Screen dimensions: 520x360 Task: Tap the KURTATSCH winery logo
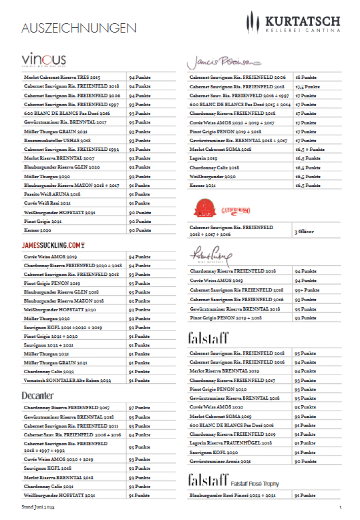coord(293,24)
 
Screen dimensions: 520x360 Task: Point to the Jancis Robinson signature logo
coord(223,61)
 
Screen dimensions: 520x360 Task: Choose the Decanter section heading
coord(38,395)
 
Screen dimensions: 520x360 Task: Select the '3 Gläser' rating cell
coord(304,232)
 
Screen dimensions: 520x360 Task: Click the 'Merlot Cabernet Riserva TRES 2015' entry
coord(62,78)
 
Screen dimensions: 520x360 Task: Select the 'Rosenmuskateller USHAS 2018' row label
coord(57,140)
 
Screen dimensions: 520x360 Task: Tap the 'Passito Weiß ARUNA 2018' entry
coord(52,194)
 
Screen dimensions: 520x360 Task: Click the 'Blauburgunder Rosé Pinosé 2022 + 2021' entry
coord(233,495)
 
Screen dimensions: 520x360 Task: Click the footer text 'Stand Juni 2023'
coord(38,507)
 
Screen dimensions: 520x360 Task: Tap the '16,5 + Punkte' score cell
coord(310,149)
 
